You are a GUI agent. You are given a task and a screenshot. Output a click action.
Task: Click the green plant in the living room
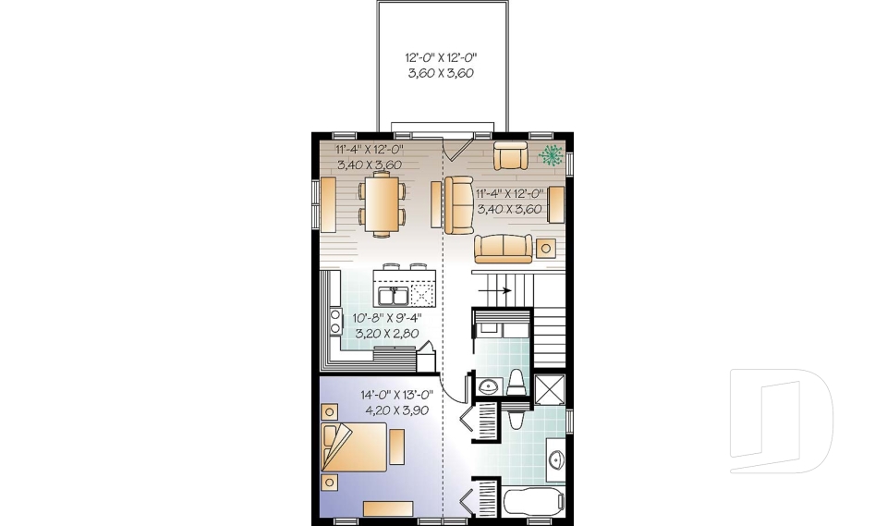[x=551, y=154]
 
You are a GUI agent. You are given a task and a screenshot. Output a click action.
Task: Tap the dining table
[x=382, y=203]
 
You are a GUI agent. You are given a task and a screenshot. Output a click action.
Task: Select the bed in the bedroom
[x=354, y=446]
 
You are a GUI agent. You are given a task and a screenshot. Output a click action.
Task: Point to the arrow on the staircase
[x=495, y=290]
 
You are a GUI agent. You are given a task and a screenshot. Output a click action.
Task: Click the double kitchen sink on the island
[x=394, y=296]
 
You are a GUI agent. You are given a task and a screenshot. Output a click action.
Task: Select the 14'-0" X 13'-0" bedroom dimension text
[x=396, y=395]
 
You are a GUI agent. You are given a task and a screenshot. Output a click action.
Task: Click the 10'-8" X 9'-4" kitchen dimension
[x=387, y=318]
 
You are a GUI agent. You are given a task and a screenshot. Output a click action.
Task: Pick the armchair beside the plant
[x=510, y=155]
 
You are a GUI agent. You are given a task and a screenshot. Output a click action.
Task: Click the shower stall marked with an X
[x=549, y=389]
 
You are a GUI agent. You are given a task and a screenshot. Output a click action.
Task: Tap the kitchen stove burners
[x=336, y=322]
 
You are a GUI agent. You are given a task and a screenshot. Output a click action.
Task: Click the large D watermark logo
[x=782, y=421]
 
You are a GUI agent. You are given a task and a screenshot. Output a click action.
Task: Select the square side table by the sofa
[x=546, y=248]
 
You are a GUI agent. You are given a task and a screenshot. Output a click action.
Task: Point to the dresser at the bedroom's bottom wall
[x=388, y=508]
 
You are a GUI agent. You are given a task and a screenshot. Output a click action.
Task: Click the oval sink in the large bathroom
[x=556, y=459]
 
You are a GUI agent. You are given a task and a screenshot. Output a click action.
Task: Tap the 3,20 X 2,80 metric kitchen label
[x=387, y=334]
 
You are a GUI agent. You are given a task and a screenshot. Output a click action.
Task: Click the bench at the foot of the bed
[x=397, y=446]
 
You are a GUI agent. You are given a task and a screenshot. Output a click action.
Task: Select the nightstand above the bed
[x=329, y=411]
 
